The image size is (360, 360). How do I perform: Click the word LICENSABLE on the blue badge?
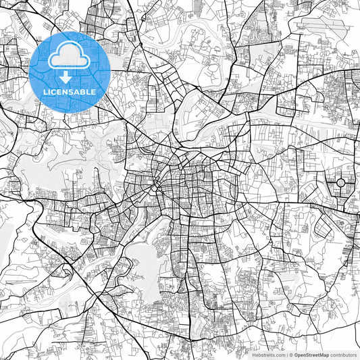point(70,92)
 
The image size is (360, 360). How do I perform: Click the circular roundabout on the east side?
point(341,182)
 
